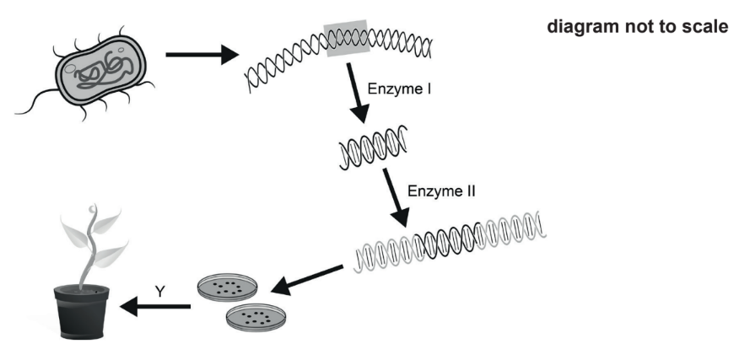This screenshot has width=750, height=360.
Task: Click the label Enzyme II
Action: (x=441, y=191)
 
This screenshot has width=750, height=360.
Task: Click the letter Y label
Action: (x=159, y=292)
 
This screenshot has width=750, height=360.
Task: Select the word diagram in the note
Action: (x=581, y=27)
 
